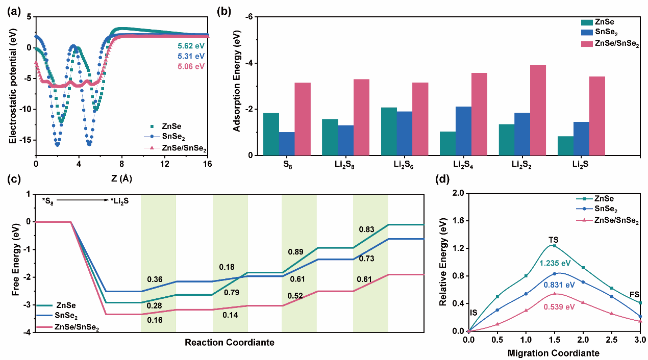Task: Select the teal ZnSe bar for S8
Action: click(x=271, y=134)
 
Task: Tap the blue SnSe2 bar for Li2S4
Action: click(x=463, y=131)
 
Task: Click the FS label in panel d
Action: click(x=634, y=295)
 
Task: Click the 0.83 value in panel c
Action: click(x=367, y=229)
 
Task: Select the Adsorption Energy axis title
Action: click(x=237, y=86)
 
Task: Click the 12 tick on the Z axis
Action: click(x=165, y=164)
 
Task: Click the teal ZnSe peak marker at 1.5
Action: click(x=554, y=246)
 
